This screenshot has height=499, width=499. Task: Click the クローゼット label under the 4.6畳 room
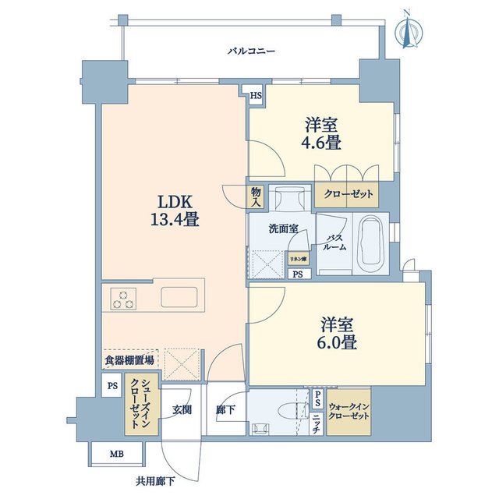coord(344,194)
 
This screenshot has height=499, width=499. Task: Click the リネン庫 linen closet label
coord(297,258)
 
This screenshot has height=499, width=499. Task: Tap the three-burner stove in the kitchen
coord(122,298)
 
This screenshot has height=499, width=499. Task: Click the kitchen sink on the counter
coord(183,297)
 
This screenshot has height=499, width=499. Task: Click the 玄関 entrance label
coord(182,409)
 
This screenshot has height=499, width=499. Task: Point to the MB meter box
coord(105,453)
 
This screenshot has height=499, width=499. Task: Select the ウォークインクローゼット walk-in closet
coord(349,410)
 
